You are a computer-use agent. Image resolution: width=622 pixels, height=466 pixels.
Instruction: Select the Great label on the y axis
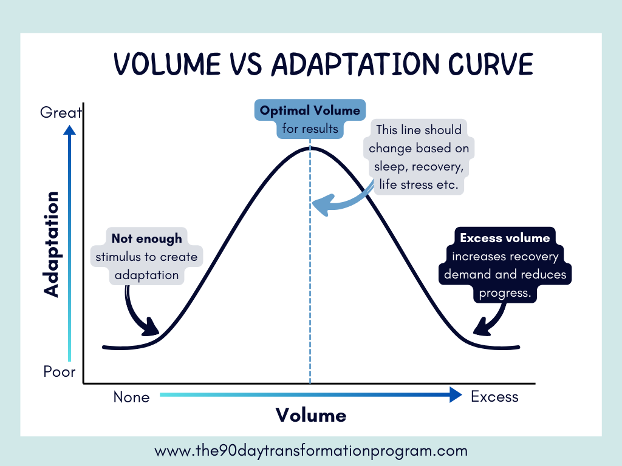61,112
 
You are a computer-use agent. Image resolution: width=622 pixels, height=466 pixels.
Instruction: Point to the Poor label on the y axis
60,371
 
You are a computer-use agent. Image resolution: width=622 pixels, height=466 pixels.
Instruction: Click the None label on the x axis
131,397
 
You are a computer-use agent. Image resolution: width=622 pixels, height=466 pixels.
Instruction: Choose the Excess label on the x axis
494,397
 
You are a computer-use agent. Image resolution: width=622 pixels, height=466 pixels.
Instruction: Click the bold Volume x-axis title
311,415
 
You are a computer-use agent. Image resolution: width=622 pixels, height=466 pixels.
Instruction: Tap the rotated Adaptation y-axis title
53,244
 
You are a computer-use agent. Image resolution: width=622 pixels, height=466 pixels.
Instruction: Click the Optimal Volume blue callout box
310,119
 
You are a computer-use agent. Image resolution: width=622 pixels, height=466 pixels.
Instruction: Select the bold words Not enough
146,238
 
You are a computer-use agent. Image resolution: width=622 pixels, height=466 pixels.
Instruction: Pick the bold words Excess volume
505,238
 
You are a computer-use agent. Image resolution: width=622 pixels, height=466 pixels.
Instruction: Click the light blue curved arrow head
322,204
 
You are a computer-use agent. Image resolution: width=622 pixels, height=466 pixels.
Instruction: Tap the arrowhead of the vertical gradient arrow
70,130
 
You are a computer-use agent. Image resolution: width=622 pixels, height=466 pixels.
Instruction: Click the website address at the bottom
311,451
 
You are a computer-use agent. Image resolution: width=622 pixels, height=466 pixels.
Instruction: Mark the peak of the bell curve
310,147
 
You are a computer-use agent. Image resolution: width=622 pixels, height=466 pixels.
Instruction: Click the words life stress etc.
418,184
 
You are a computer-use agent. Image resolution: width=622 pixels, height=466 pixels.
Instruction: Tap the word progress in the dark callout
505,293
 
